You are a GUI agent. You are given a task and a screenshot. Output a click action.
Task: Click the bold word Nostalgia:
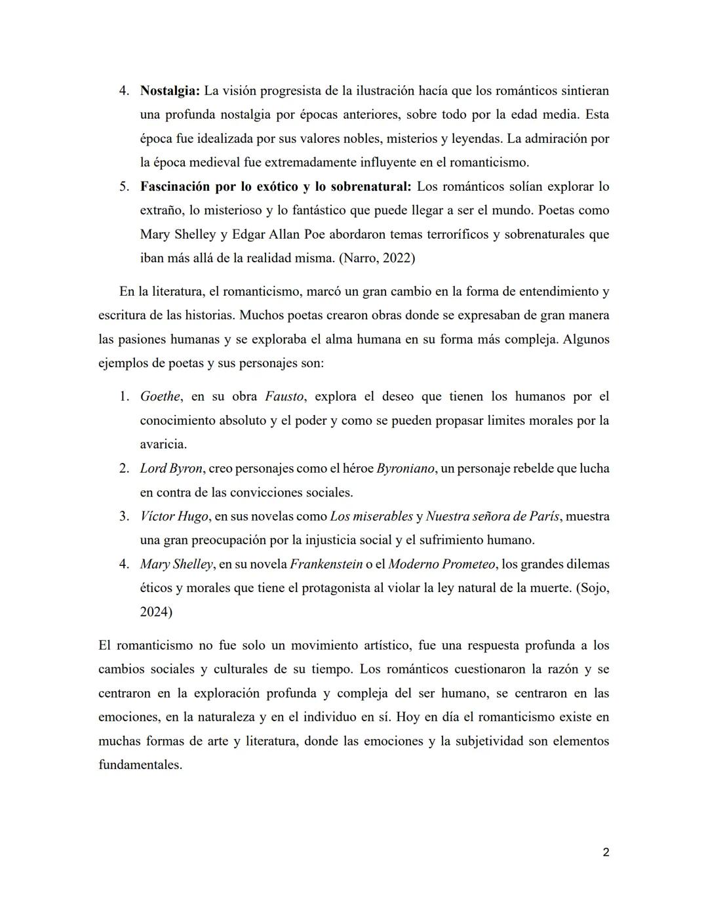pos(170,90)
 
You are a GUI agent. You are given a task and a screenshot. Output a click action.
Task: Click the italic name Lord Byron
pos(170,468)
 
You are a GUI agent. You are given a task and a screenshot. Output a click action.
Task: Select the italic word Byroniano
pos(405,468)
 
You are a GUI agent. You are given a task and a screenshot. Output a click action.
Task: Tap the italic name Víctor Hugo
pos(174,516)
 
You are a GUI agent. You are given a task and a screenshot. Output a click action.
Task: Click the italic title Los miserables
pos(371,516)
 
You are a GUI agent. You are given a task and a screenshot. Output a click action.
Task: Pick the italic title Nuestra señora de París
pos(492,516)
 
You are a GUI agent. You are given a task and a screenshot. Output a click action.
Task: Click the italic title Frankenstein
pos(326,564)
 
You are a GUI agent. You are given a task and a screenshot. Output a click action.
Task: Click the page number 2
pos(605,852)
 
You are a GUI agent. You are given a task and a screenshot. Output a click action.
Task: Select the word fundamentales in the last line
pos(140,765)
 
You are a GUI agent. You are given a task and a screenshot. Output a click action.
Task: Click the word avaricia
pos(163,444)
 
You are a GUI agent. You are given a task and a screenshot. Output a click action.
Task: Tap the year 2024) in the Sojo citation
pos(156,612)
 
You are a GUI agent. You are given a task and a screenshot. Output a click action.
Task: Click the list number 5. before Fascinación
pos(124,186)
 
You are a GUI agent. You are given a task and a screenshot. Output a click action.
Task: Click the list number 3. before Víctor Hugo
pos(124,516)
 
